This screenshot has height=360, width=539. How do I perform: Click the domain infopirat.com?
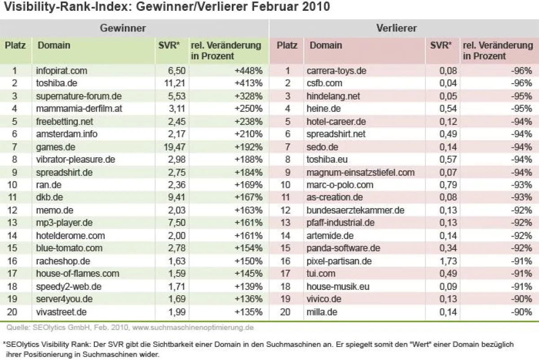pos(61,71)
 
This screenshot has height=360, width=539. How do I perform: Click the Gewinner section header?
pos(123,28)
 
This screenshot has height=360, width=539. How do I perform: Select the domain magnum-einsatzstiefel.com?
pos(360,172)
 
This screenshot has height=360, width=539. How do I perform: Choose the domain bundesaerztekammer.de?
pos(355,210)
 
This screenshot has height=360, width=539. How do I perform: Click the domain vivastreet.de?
pos(61,311)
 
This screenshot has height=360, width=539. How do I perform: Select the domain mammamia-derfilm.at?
pos(79,108)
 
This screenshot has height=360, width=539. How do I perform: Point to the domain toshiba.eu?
pos(327,159)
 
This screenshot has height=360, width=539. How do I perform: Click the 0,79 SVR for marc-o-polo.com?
pos(447,185)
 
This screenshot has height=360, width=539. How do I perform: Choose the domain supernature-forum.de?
pos(79,96)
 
